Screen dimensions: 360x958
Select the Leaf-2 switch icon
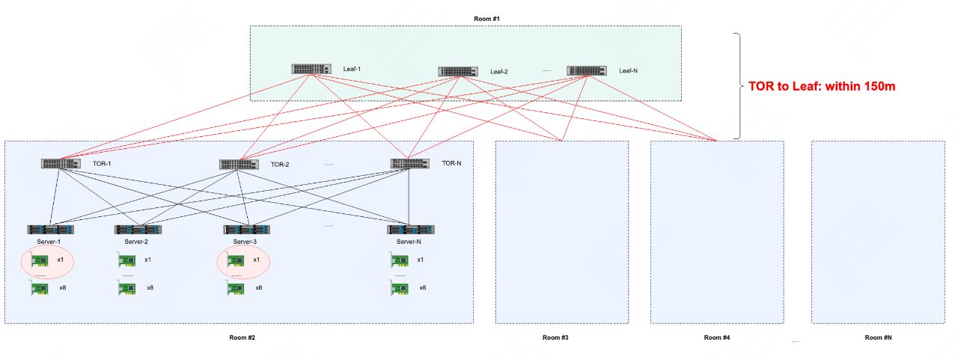458,71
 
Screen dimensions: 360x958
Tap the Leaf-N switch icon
587,71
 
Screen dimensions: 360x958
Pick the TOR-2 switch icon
239,164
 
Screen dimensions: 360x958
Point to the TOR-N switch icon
409,163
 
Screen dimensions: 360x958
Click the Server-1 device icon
52,230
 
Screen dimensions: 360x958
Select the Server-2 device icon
138,230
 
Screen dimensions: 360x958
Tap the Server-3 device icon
247,230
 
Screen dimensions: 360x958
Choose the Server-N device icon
410,230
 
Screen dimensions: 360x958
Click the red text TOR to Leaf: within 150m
822,87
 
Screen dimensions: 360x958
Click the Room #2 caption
242,338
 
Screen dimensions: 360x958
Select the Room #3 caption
555,338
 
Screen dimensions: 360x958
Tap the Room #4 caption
716,338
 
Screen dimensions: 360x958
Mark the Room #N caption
878,338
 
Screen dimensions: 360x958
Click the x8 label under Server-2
150,288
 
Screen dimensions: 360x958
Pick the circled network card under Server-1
40,260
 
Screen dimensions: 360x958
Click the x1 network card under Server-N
400,260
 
